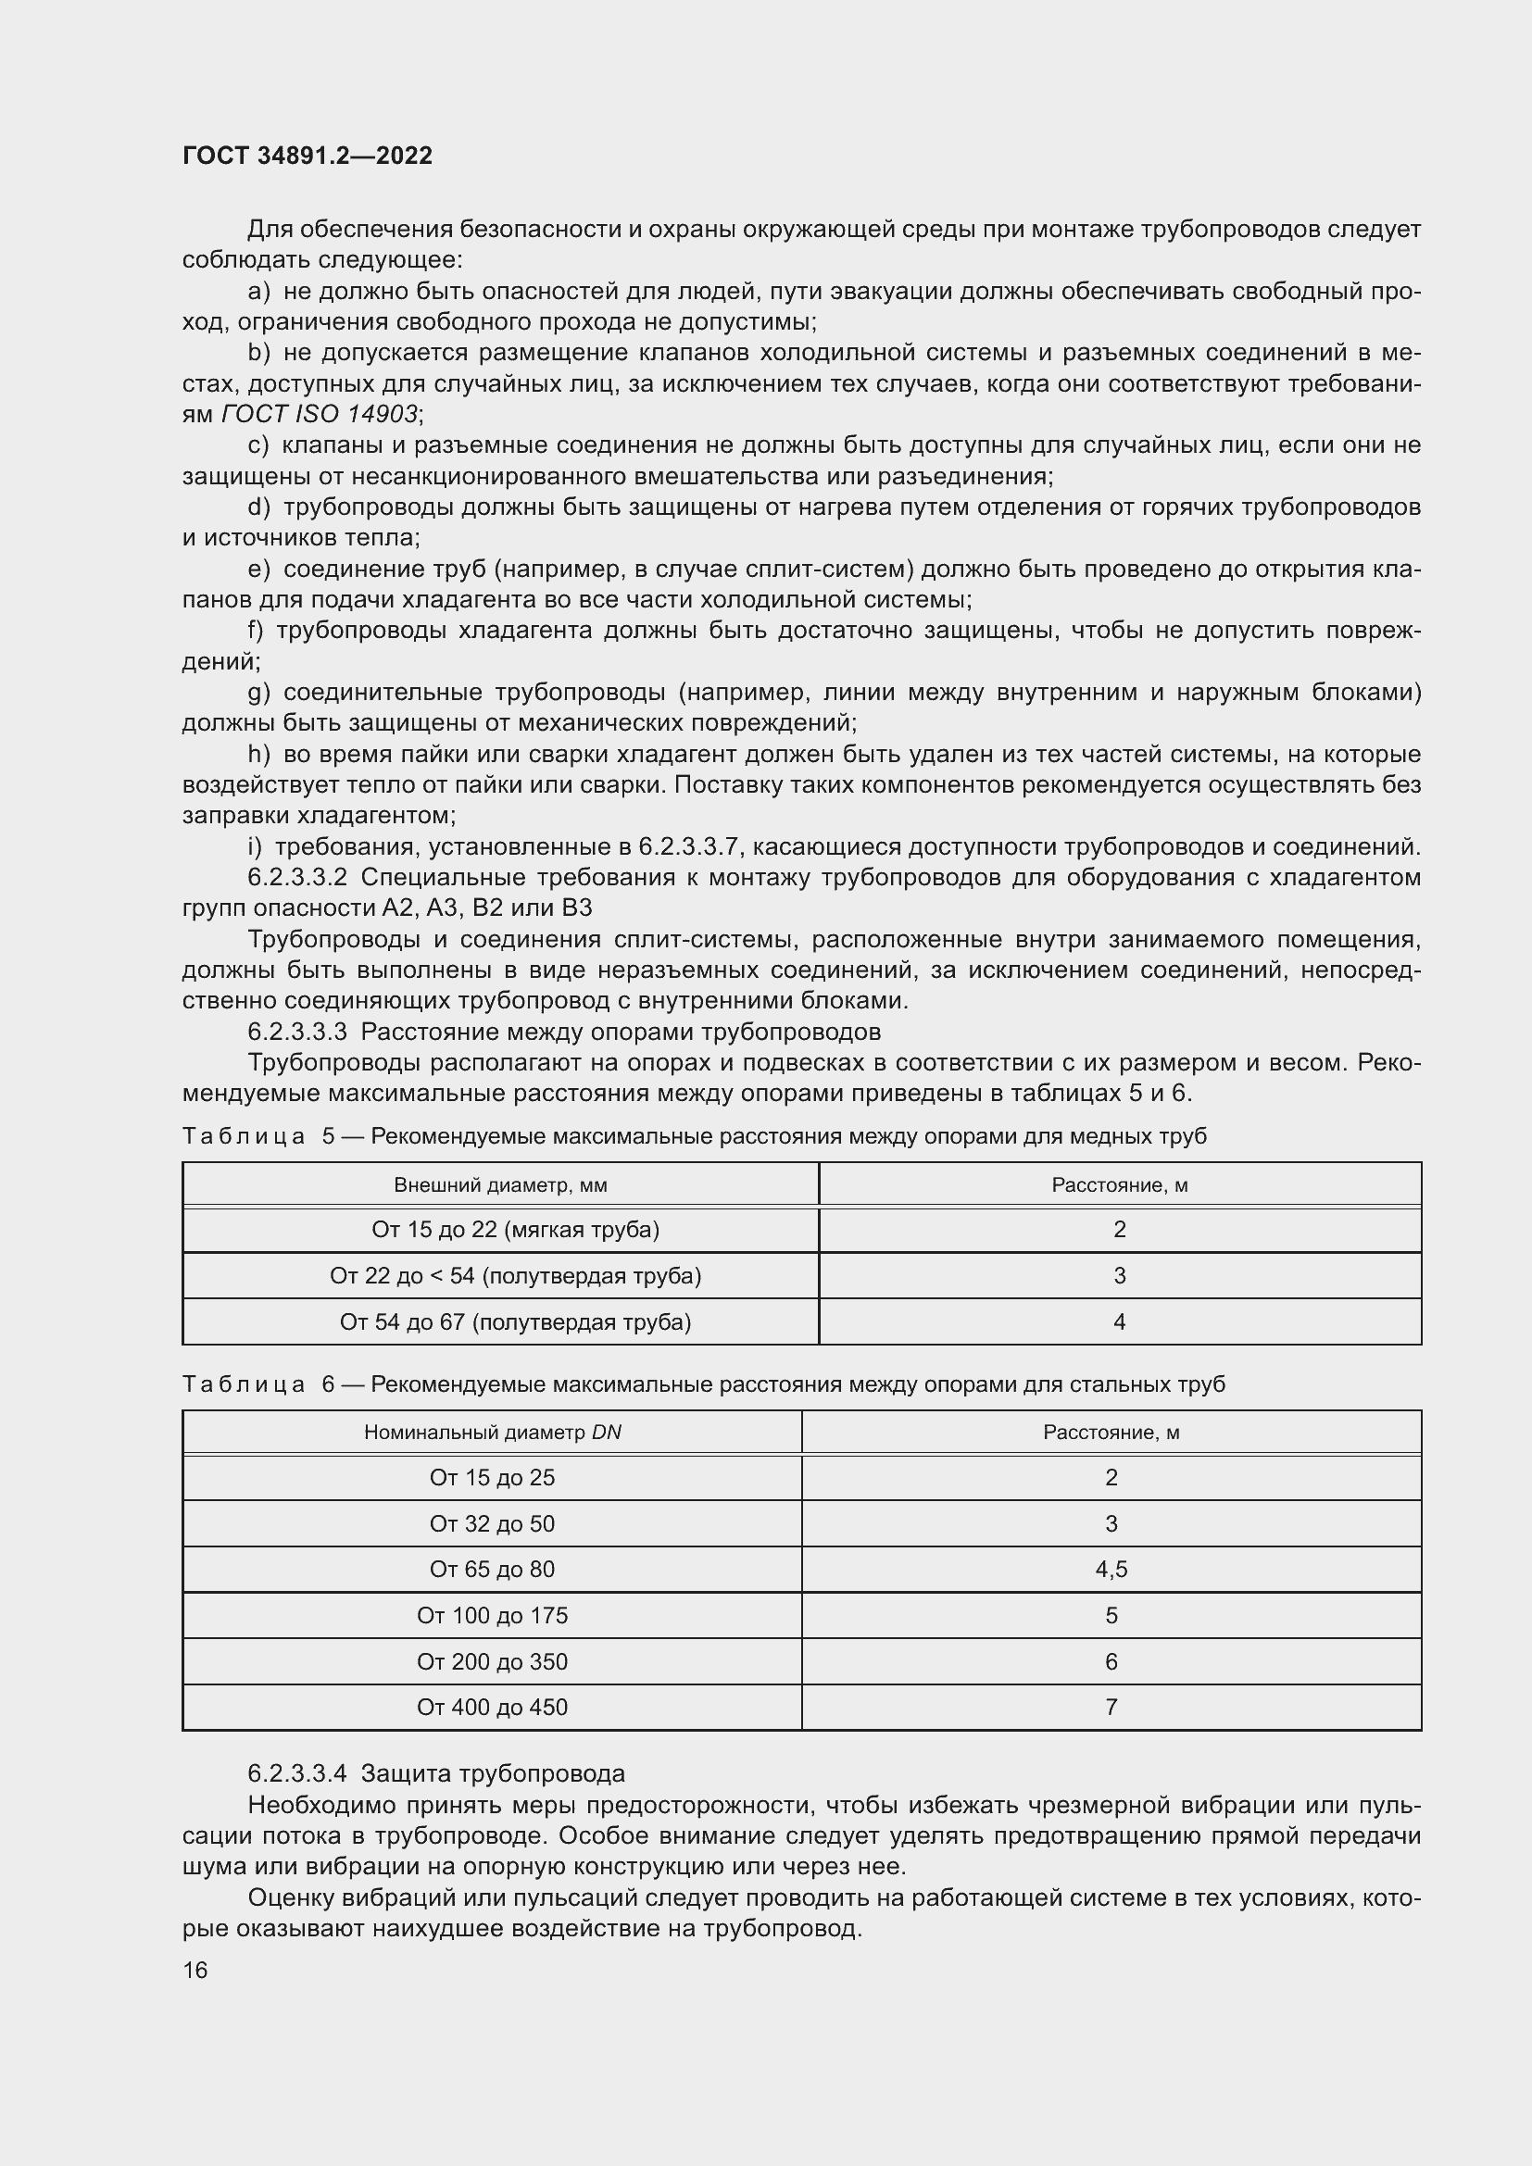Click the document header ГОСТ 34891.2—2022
tap(308, 156)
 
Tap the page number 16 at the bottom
tap(195, 1970)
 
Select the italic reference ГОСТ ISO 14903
tap(320, 414)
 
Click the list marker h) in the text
tap(258, 755)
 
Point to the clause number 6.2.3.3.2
tap(297, 877)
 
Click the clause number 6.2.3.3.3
tap(297, 1031)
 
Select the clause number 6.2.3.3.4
tap(297, 1773)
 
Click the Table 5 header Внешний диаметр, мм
tap(500, 1185)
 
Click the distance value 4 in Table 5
tap(1119, 1321)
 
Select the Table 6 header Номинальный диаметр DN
tap(493, 1432)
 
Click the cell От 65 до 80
tap(493, 1569)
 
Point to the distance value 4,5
tap(1111, 1569)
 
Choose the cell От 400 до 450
tap(493, 1707)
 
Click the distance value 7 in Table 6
tap(1111, 1707)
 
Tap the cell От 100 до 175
tap(493, 1615)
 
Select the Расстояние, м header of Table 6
tap(1111, 1432)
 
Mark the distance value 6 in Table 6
tap(1111, 1661)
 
